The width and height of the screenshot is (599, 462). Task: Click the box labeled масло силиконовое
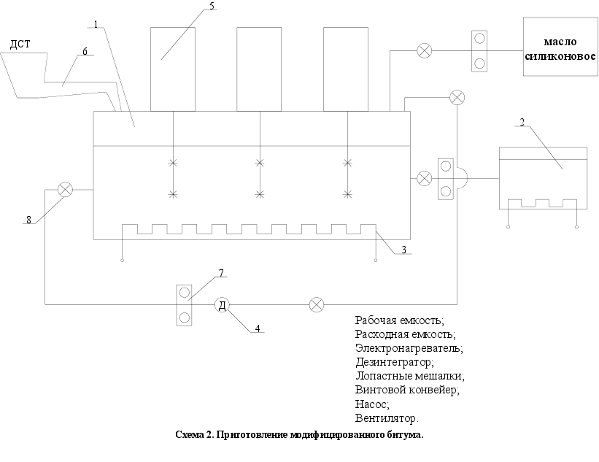point(560,47)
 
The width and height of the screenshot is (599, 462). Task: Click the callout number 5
point(212,6)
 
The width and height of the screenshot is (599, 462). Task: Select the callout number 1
point(95,24)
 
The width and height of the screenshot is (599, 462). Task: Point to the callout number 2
point(522,121)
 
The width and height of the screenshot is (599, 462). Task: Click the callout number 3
point(403,250)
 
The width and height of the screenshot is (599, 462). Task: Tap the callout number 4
point(258,328)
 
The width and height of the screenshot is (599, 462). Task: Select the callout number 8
point(30,218)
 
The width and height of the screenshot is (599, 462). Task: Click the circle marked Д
point(222,305)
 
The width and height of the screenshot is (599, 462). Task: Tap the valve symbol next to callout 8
point(66,190)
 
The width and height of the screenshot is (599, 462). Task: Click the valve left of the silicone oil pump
point(424,50)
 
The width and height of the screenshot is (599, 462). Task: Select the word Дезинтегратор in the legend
point(394,361)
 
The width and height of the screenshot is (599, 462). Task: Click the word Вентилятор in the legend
point(387,418)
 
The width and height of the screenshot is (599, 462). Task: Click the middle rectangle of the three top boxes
point(259,69)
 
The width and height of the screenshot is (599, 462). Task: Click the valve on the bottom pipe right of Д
point(316,305)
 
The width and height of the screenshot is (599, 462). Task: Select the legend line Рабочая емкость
point(399,320)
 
